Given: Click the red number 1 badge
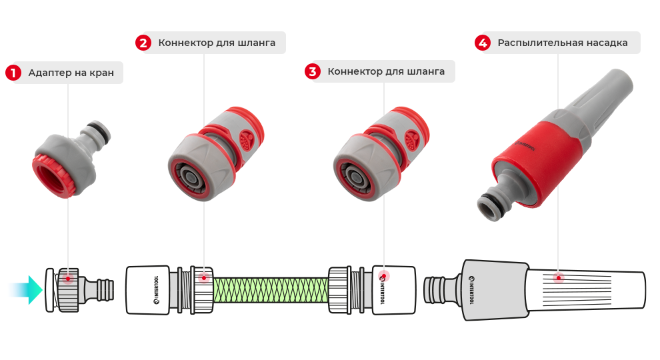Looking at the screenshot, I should coord(13,73).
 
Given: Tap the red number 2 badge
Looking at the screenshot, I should coord(143,43).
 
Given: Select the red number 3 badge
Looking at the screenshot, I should coord(312,71).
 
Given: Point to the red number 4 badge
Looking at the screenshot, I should coord(483,43).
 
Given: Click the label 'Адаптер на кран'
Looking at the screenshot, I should coord(71,73).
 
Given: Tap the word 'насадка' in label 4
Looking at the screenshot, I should coord(607,43).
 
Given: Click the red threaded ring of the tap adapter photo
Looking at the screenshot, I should coord(50,176).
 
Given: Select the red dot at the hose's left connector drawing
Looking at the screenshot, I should coord(203,277).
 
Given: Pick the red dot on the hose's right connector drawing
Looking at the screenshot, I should coord(383,275).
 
